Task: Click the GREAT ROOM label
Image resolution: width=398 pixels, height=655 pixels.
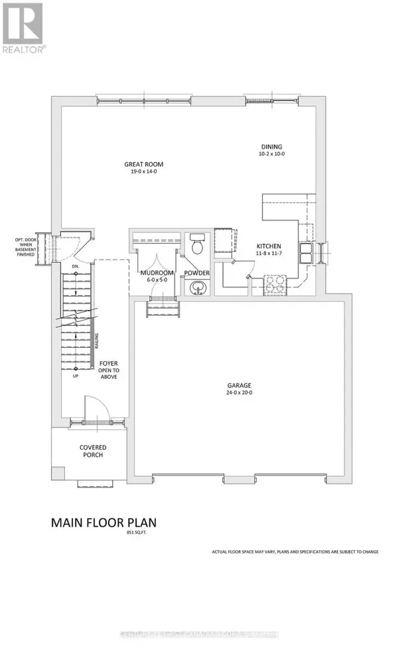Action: point(144,164)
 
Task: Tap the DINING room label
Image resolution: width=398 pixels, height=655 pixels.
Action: point(271,147)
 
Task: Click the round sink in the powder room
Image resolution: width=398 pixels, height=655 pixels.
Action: point(196,287)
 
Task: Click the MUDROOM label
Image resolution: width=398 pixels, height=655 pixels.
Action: point(157,273)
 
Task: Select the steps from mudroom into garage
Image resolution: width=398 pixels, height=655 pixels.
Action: point(163,308)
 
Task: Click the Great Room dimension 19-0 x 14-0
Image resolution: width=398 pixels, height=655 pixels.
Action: point(144,172)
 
